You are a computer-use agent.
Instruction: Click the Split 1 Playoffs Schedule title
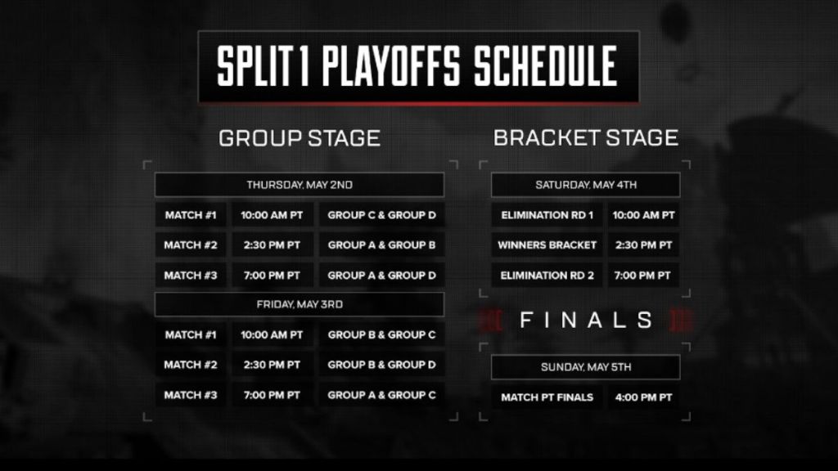click(417, 67)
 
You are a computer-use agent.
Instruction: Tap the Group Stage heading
click(300, 138)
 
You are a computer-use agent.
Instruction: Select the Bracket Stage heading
click(586, 138)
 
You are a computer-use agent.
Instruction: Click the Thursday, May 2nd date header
click(300, 185)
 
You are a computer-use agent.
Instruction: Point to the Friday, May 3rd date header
click(300, 304)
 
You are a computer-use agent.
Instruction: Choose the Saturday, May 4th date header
click(586, 185)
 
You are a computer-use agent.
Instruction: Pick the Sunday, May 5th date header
click(586, 367)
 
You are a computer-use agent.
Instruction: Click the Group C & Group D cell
click(381, 216)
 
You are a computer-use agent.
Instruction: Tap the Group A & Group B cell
click(381, 245)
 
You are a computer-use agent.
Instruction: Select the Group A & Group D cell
click(381, 276)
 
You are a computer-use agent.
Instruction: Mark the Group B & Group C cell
click(381, 335)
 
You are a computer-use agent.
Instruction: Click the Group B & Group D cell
click(381, 365)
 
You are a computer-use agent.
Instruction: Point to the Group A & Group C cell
click(381, 395)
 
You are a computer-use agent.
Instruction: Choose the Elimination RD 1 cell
click(547, 216)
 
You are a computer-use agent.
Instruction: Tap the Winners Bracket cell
click(547, 245)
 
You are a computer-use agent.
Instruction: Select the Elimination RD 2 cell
click(547, 276)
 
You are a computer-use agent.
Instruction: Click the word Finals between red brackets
click(586, 320)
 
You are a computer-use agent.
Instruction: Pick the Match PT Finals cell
click(547, 397)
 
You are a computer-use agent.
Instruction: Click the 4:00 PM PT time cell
click(643, 397)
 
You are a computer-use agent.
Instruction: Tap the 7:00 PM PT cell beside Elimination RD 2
click(643, 276)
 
